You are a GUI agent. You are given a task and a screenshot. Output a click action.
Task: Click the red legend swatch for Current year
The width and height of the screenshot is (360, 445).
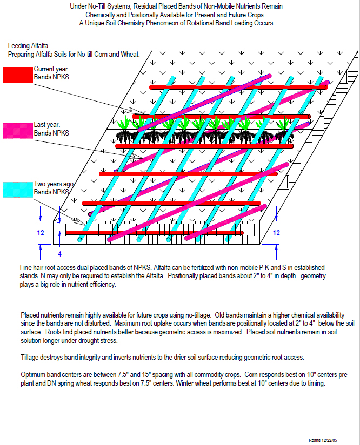click(x=18, y=75)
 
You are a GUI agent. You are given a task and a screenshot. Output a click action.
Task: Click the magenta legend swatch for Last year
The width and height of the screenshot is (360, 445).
click(x=18, y=131)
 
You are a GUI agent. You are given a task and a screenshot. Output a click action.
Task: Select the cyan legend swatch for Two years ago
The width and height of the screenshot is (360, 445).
click(x=18, y=190)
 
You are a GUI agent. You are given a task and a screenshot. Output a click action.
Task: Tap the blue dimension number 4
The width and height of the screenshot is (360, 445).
click(x=59, y=254)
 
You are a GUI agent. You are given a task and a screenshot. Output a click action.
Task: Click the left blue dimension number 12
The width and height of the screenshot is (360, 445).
click(x=41, y=233)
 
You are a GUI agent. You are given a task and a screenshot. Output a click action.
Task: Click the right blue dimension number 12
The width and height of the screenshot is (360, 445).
click(x=276, y=233)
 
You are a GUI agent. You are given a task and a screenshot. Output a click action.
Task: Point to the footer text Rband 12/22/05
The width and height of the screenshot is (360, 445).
click(x=323, y=440)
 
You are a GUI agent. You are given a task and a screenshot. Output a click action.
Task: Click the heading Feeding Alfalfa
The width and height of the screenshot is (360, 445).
click(x=28, y=46)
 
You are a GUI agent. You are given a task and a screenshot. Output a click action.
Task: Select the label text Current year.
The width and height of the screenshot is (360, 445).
click(x=51, y=69)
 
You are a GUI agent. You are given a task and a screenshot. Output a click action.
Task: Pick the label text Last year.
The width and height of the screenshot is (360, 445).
click(x=47, y=125)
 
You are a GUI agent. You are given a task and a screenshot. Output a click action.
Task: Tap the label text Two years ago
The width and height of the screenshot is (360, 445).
click(x=54, y=184)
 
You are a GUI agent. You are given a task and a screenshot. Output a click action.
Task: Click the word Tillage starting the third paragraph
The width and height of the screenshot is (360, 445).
click(x=30, y=358)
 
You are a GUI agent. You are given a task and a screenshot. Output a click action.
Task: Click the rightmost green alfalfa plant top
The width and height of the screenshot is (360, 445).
click(x=283, y=124)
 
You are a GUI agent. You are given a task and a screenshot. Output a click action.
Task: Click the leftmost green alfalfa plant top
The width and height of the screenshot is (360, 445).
click(x=124, y=123)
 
